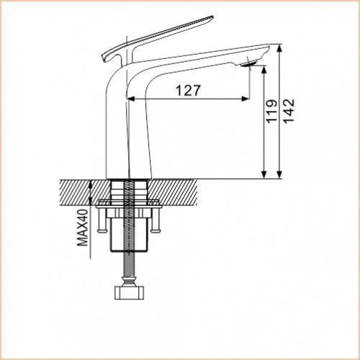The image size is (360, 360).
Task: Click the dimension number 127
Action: click(x=188, y=91)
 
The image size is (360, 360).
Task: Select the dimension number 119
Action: click(x=271, y=111)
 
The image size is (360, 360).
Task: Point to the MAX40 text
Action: click(x=83, y=228)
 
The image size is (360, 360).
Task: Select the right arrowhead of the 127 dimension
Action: click(x=246, y=99)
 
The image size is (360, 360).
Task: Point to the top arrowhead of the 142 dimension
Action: click(x=279, y=48)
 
